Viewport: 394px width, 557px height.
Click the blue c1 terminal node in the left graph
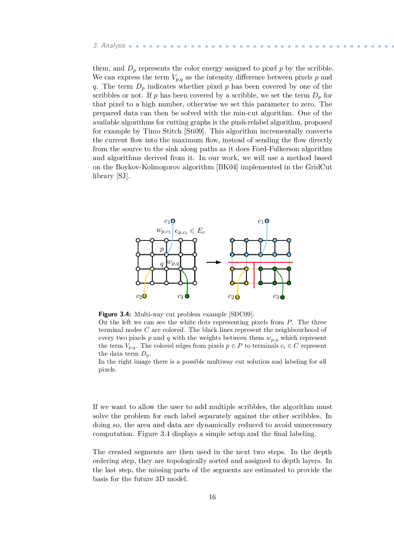(x=173, y=221)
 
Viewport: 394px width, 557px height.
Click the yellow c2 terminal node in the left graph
(x=145, y=296)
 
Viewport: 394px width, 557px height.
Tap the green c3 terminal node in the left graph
(x=187, y=296)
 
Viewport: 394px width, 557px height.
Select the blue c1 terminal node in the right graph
(x=267, y=221)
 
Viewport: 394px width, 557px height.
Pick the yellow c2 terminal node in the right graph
(x=237, y=297)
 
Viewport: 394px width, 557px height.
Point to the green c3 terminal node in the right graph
(x=282, y=297)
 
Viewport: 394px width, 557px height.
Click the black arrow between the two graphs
(x=214, y=262)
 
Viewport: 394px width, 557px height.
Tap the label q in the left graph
(x=162, y=264)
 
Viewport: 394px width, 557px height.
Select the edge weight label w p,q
(x=173, y=263)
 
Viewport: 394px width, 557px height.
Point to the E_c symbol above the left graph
(x=201, y=231)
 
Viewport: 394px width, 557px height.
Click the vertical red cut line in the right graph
(x=254, y=275)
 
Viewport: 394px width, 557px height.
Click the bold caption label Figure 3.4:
(x=115, y=314)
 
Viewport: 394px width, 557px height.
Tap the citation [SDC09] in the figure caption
(x=241, y=314)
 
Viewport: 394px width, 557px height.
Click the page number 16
(x=212, y=497)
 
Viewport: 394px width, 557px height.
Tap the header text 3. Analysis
(x=109, y=45)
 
